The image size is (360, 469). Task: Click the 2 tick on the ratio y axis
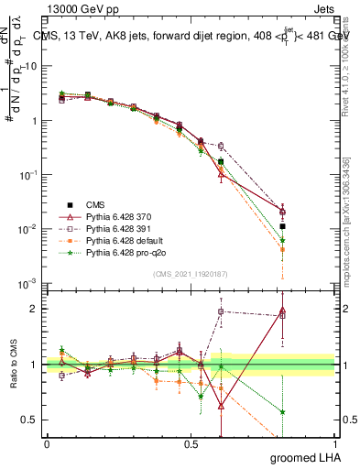33,309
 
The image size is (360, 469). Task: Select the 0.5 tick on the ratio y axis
29,420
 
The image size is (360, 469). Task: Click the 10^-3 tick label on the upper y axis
28,283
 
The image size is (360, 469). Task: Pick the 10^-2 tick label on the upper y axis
28,229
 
